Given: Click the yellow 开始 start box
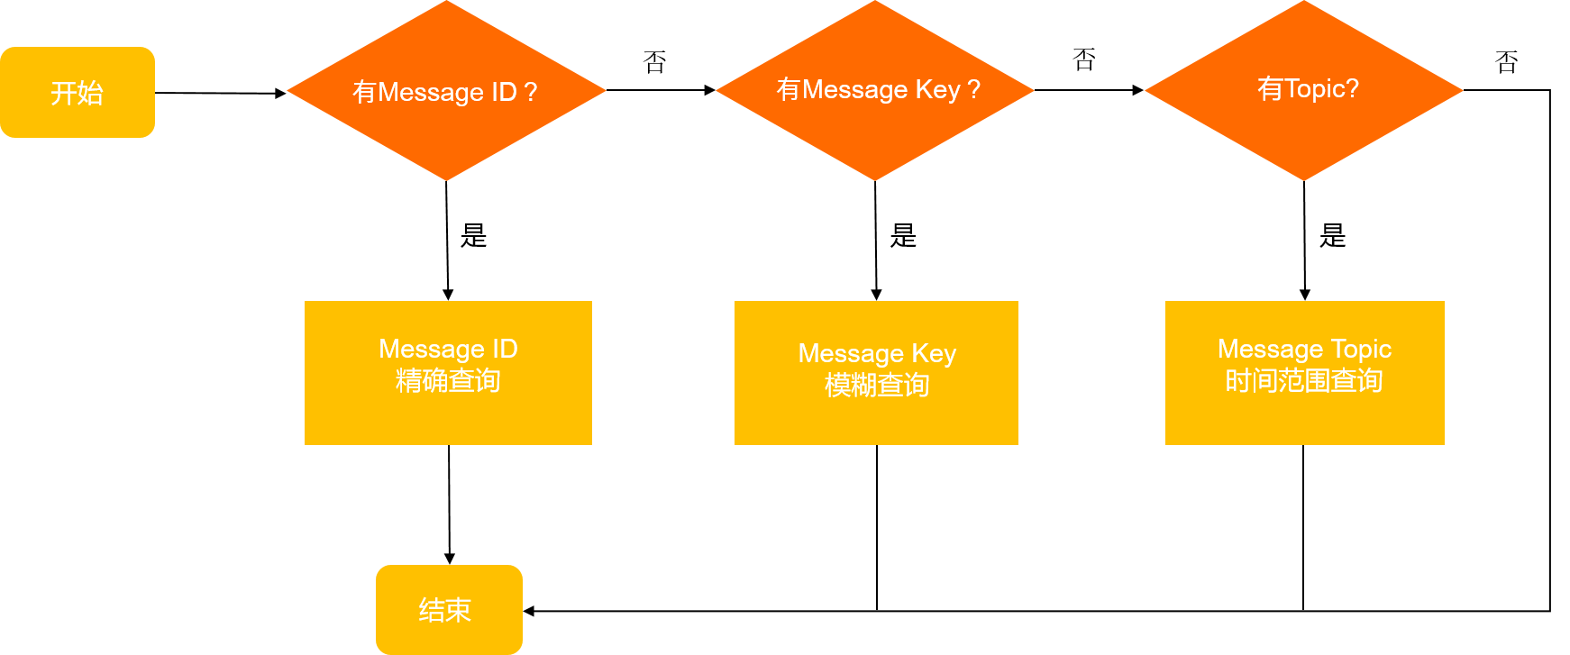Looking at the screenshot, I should [x=78, y=92].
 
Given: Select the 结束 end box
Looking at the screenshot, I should [x=449, y=609].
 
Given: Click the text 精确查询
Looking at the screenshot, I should [x=448, y=381].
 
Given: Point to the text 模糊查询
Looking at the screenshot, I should [x=877, y=386].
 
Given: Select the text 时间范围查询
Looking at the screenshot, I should [x=1304, y=381].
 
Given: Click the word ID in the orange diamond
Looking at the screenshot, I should [x=504, y=92].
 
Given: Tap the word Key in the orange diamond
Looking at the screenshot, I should [x=938, y=89].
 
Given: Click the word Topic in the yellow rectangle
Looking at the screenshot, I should [x=1361, y=349].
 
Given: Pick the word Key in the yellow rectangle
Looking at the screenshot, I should [x=934, y=354].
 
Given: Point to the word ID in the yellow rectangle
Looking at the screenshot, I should [x=505, y=349].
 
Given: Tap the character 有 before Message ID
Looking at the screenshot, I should [x=364, y=92].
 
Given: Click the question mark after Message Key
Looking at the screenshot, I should [x=973, y=89].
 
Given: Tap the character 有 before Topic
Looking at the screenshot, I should [x=1270, y=88].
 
